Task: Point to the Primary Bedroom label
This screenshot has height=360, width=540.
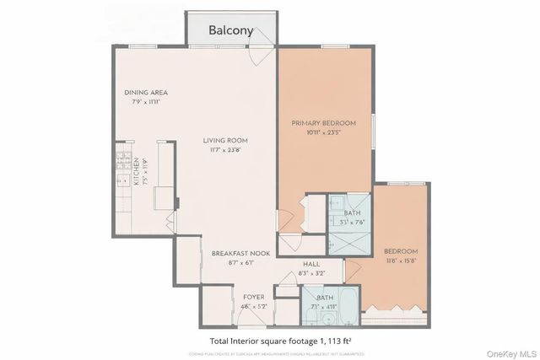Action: (324, 123)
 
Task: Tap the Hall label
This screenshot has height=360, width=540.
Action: (310, 264)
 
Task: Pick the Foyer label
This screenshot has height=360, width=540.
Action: (254, 298)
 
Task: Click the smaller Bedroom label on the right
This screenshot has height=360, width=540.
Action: (401, 251)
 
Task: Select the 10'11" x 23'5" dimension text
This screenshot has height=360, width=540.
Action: (324, 132)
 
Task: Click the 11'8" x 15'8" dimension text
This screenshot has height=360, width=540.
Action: (401, 261)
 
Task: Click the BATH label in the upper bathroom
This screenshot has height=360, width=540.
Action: (352, 213)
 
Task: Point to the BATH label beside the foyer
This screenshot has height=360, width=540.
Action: (325, 298)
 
